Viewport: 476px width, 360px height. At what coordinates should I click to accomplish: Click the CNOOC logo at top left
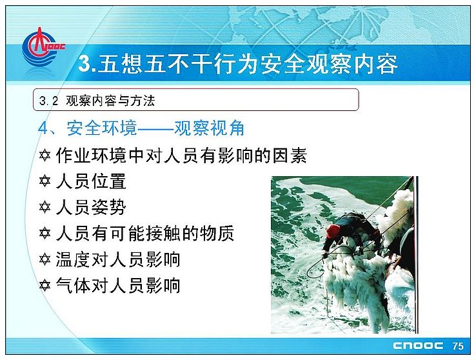[x=43, y=47]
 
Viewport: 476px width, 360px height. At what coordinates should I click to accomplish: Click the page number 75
[x=458, y=346]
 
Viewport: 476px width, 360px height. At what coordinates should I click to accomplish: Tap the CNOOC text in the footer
[x=418, y=346]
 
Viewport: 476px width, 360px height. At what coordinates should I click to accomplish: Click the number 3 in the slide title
[x=84, y=64]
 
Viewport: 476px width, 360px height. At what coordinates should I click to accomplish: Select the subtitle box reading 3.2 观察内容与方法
[x=196, y=99]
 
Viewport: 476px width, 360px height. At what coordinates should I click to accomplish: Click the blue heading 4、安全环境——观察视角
[x=141, y=128]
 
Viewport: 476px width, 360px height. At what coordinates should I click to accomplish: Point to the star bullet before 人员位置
[x=45, y=181]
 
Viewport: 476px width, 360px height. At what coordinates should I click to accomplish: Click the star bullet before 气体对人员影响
[x=45, y=285]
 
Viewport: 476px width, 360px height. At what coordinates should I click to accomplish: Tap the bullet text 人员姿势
[x=91, y=207]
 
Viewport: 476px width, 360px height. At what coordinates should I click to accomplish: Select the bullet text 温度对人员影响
[x=118, y=259]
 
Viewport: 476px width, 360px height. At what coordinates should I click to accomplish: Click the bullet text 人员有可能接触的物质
[x=145, y=234]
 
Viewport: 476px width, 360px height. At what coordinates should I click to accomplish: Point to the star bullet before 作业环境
[x=45, y=155]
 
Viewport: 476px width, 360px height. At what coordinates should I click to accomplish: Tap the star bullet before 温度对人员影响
[x=45, y=259]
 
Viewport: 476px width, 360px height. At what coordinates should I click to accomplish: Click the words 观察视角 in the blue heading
[x=210, y=128]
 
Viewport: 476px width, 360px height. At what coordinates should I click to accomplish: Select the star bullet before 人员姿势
[x=45, y=207]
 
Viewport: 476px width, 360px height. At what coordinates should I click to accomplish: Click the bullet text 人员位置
[x=91, y=181]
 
